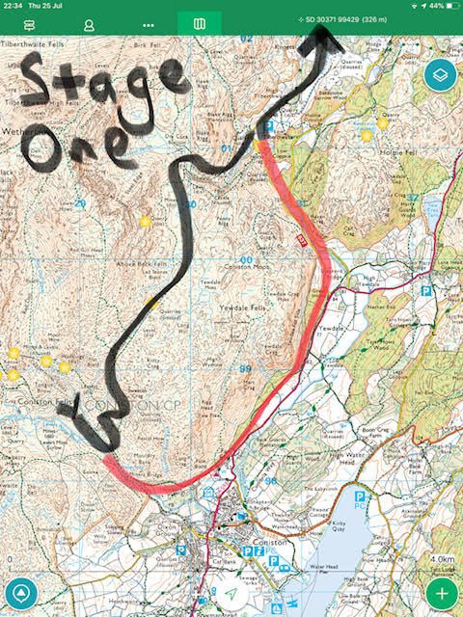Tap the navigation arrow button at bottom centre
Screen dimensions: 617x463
231,595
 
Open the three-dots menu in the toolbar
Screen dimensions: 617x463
148,22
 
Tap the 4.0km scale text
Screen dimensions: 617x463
442,558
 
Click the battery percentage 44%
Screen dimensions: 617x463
440,6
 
